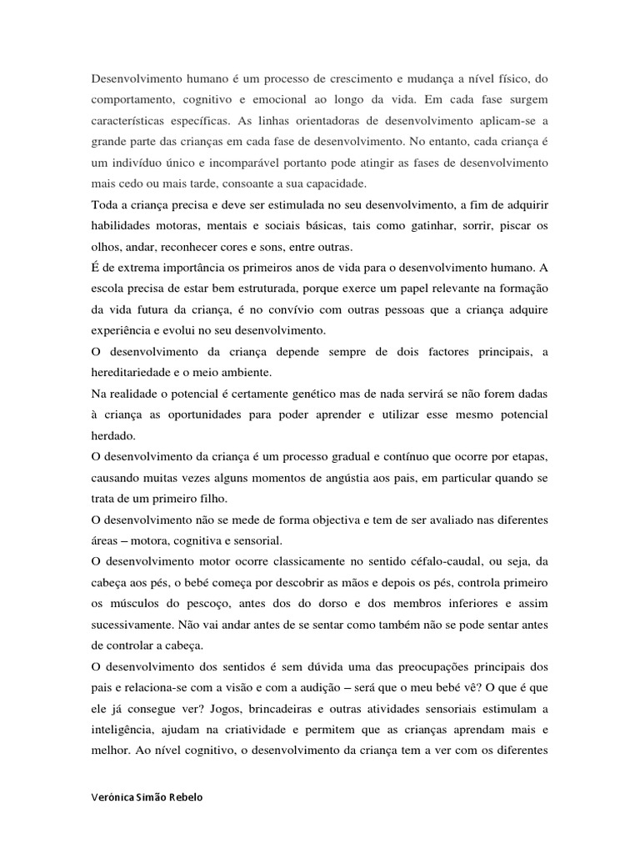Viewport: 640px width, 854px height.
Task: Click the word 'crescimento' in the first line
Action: [x=363, y=79]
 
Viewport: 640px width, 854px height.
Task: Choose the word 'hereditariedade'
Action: [x=130, y=374]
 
